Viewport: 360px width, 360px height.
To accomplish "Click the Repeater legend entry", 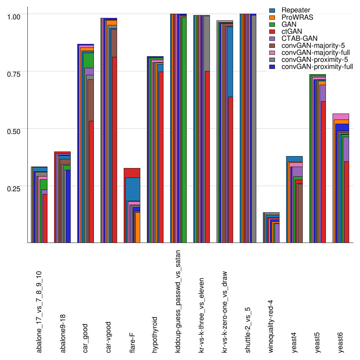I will coord(295,10).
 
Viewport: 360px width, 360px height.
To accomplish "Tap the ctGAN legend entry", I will coord(291,31).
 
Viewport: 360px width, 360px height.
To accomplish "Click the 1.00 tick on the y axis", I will coord(14,17).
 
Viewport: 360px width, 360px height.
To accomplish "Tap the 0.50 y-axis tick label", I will coord(14,131).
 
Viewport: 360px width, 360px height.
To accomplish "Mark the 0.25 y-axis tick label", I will coord(14,188).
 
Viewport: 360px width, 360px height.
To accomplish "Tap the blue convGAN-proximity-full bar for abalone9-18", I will coord(67,206).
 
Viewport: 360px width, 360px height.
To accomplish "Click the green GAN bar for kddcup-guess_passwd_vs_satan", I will coord(184,130).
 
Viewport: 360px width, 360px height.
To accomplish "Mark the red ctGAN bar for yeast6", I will coord(346,202).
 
